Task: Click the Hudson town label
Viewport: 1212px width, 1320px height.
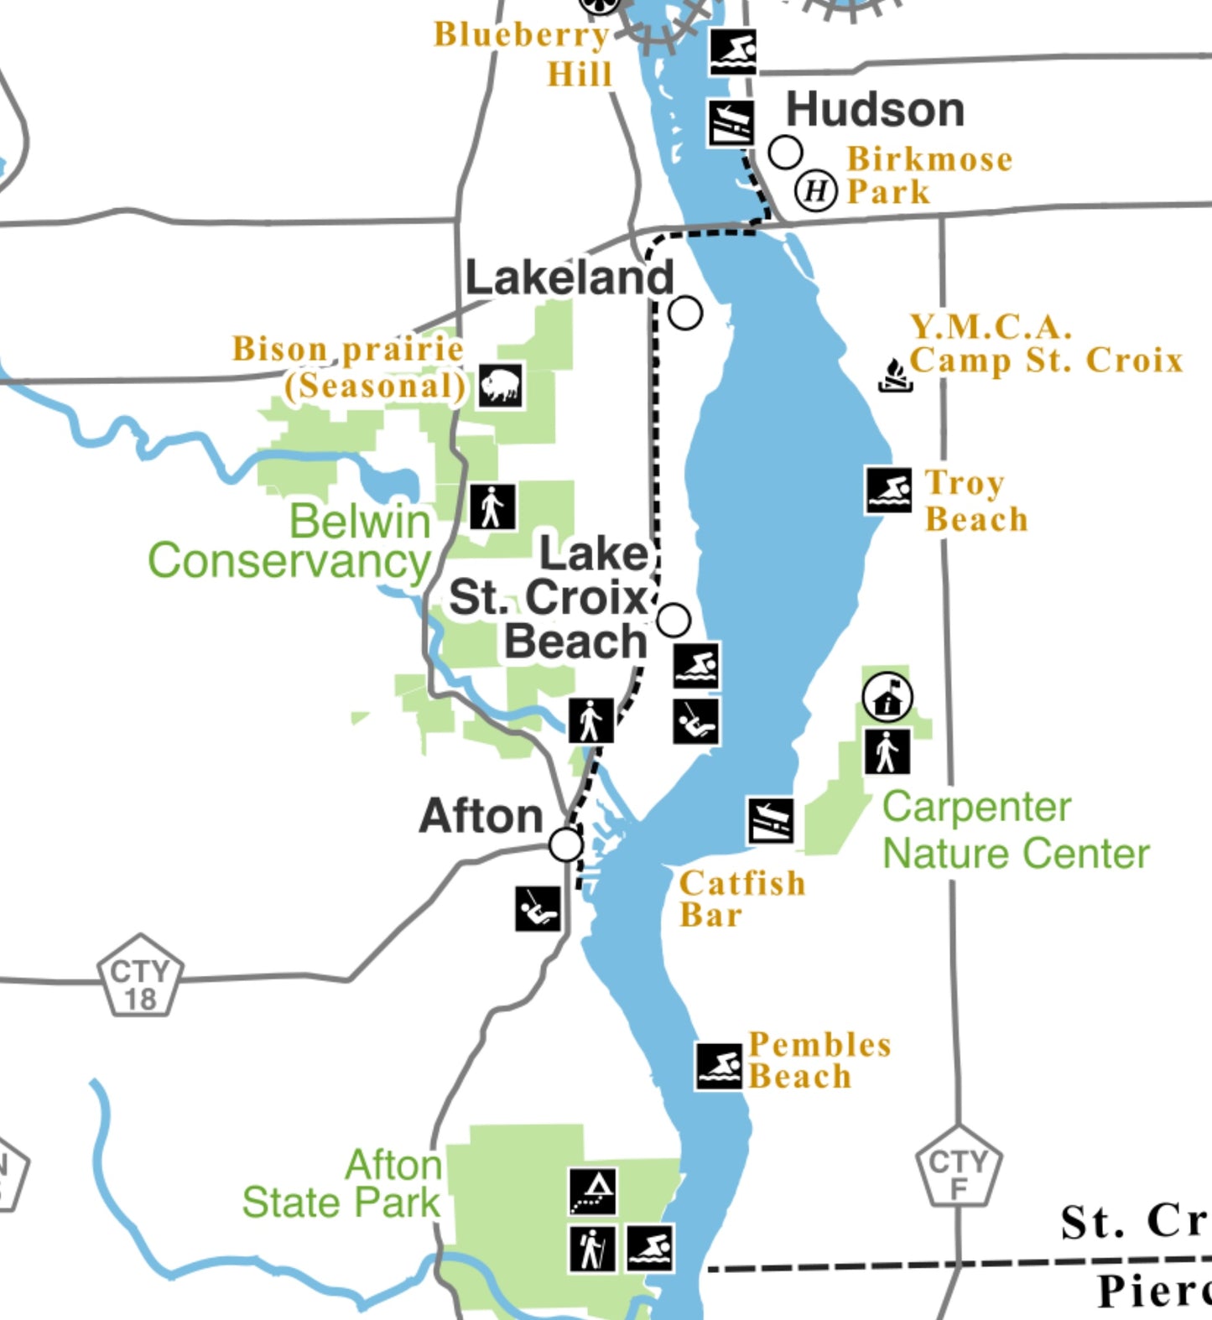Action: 875,110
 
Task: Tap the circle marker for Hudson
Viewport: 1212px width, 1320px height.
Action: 785,153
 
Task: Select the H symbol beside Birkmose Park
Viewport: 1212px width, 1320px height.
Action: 816,191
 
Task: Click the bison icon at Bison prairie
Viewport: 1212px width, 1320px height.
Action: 501,387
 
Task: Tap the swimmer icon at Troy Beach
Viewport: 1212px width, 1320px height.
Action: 889,490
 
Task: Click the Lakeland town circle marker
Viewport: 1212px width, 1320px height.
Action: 685,313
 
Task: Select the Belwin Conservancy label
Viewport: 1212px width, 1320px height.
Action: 290,541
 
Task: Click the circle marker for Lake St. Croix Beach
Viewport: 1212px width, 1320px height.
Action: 674,620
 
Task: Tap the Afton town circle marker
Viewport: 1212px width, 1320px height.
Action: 566,844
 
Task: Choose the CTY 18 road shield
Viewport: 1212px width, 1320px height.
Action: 140,976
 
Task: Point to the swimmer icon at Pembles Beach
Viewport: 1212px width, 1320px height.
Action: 719,1067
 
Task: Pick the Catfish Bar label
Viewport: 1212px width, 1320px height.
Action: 742,898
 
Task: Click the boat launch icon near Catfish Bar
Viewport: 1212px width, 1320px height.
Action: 771,821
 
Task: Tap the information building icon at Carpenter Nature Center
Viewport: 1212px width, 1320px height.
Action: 887,696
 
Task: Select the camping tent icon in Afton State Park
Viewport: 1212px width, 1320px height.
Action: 593,1191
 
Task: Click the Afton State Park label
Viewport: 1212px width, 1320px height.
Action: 342,1184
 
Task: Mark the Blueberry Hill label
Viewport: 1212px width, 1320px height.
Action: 523,53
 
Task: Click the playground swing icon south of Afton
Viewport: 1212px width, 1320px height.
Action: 538,908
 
